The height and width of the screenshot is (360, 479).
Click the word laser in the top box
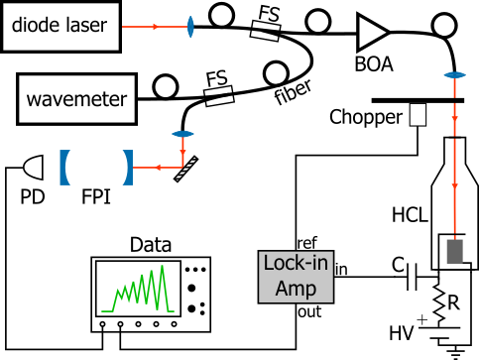tap(87, 27)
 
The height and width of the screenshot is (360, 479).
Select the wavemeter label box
tap(76, 100)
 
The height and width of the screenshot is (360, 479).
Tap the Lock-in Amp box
tap(296, 276)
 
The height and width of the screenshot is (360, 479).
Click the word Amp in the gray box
tap(296, 288)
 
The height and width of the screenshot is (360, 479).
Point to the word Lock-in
tap(296, 264)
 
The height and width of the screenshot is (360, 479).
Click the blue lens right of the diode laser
tap(189, 27)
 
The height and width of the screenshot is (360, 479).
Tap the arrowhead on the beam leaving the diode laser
tap(155, 27)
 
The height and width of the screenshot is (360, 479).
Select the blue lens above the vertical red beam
tap(454, 75)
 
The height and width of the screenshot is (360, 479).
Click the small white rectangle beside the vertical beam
tap(418, 115)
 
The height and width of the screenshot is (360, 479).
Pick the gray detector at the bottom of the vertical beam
tap(454, 252)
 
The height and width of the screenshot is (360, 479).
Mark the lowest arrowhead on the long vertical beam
tap(454, 185)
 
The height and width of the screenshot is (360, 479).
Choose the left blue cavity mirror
tap(64, 167)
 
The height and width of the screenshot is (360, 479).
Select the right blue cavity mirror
tap(127, 167)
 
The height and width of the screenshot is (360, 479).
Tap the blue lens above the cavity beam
tap(183, 134)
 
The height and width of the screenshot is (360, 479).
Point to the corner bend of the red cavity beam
tap(183, 168)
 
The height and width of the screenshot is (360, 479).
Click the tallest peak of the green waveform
tap(162, 267)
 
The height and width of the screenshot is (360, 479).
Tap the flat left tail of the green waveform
tap(107, 311)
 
